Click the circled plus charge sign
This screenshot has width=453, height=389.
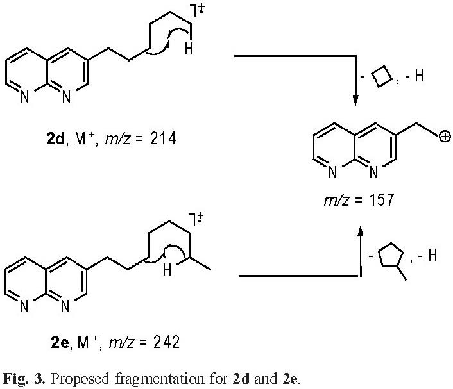443,135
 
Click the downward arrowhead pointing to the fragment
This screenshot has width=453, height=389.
355,99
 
